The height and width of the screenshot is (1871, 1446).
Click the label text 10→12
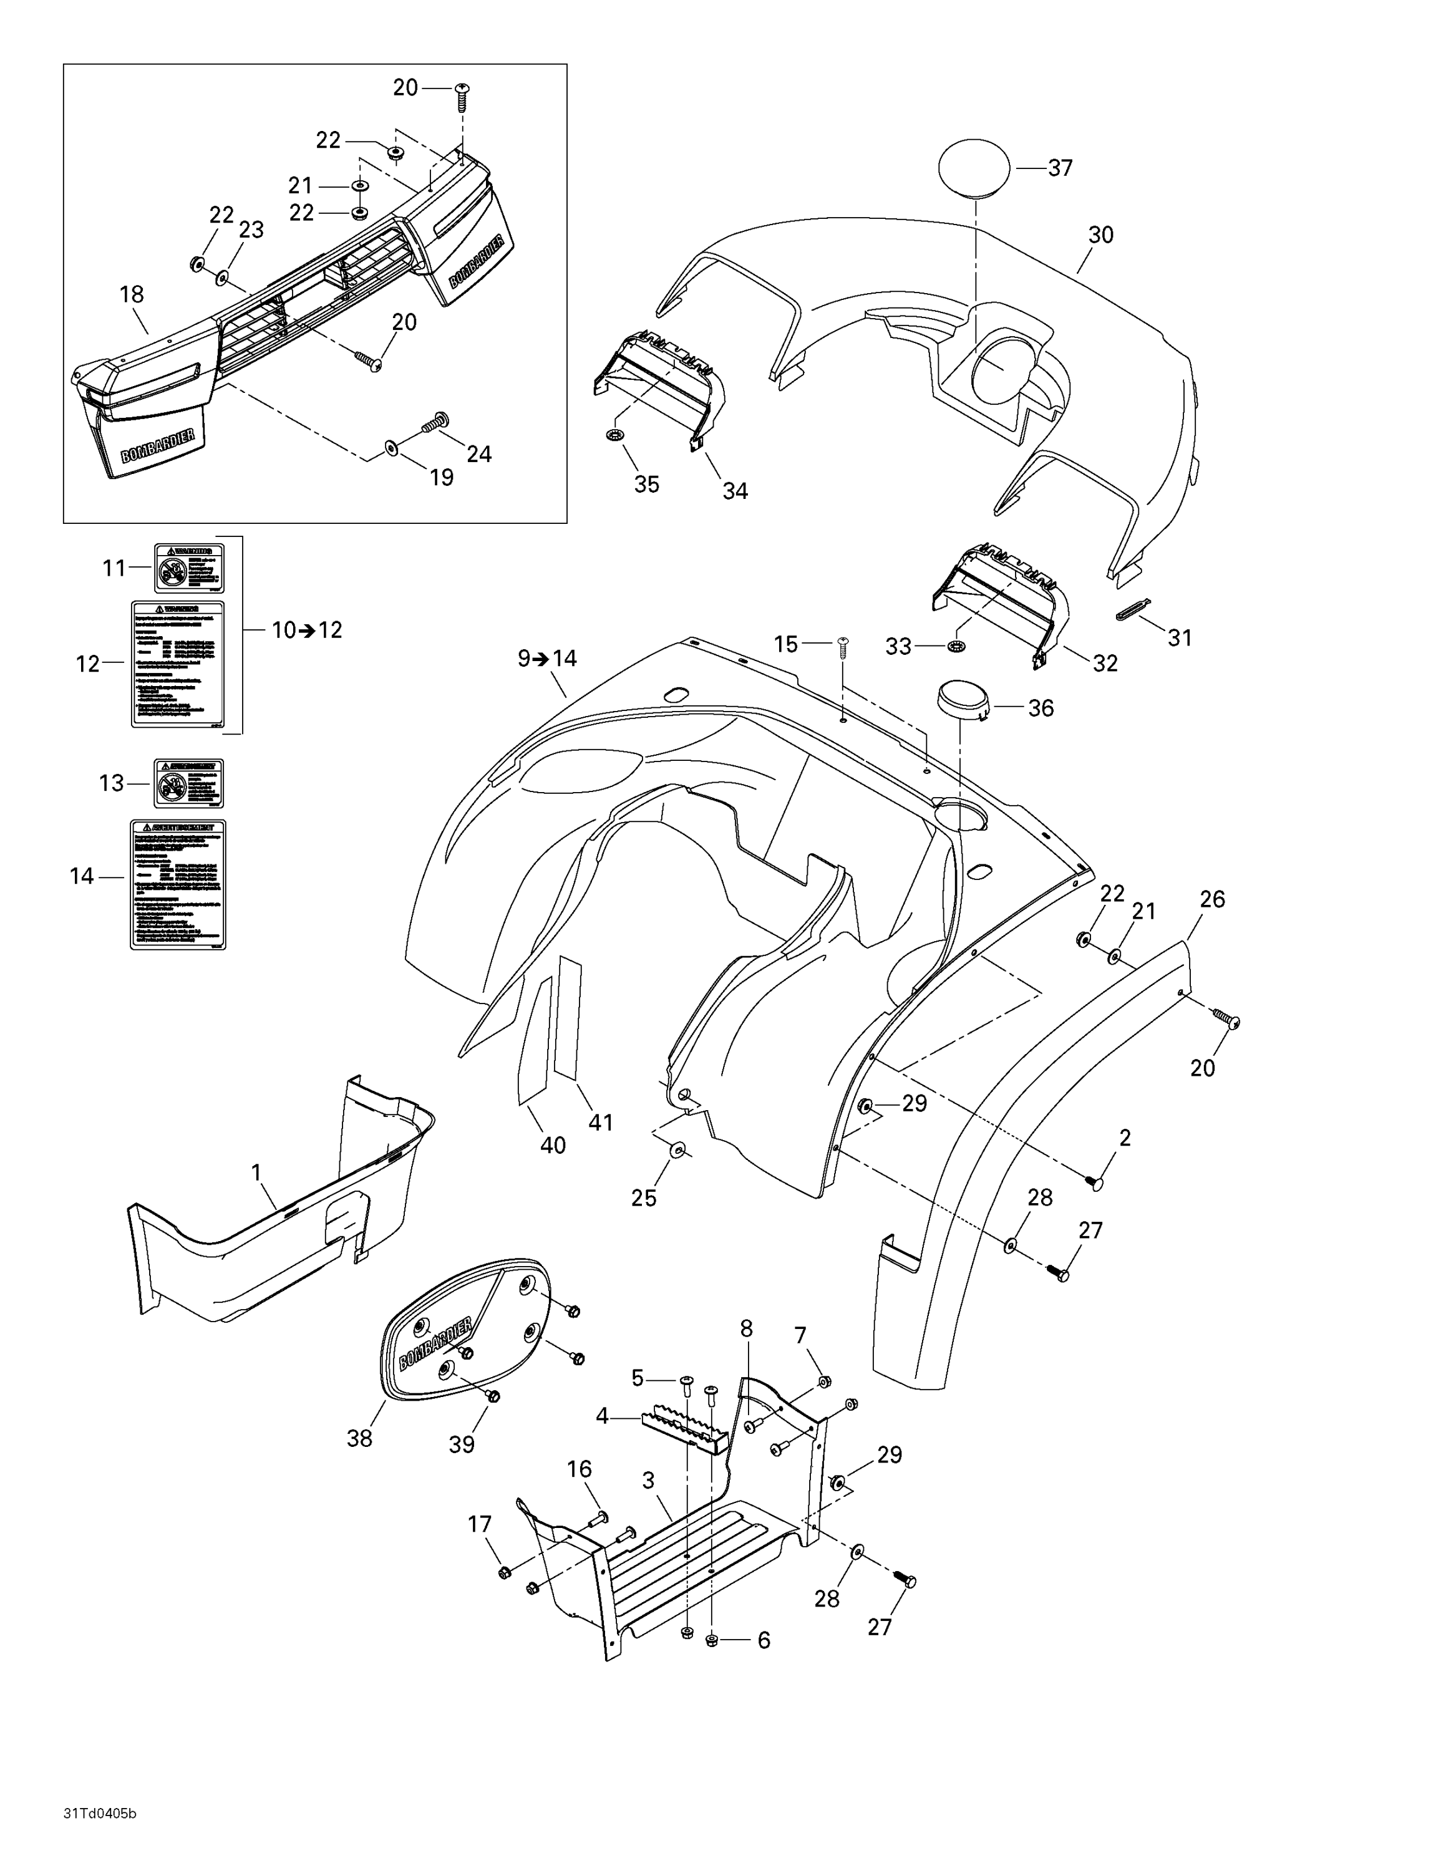coord(307,631)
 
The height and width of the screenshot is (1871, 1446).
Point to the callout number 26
coord(1212,899)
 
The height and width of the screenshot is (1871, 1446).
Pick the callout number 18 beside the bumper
coord(132,295)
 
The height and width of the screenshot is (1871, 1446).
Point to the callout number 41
coord(601,1121)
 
